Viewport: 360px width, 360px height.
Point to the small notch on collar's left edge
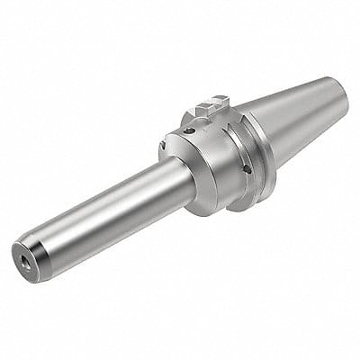click(163, 142)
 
